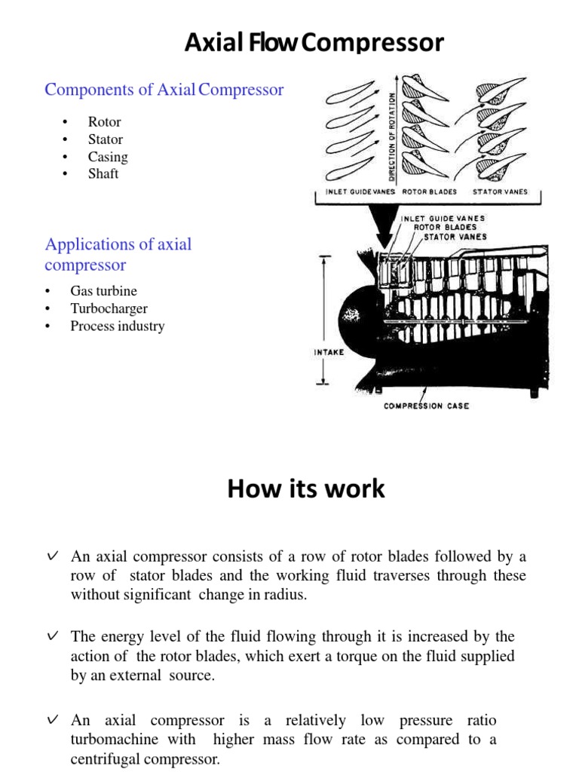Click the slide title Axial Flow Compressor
pyautogui.click(x=314, y=44)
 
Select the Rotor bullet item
pyautogui.click(x=104, y=122)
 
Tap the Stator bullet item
pyautogui.click(x=105, y=139)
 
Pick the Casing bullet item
pyautogui.click(x=108, y=157)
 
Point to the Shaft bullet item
pyautogui.click(x=103, y=173)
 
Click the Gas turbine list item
pyautogui.click(x=104, y=291)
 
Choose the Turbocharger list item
pyautogui.click(x=109, y=308)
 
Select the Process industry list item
pyautogui.click(x=117, y=326)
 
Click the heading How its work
pyautogui.click(x=306, y=489)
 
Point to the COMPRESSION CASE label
pyautogui.click(x=426, y=406)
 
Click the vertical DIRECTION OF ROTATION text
pyautogui.click(x=392, y=136)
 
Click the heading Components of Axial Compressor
pyautogui.click(x=164, y=90)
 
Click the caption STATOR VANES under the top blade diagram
pyautogui.click(x=499, y=191)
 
